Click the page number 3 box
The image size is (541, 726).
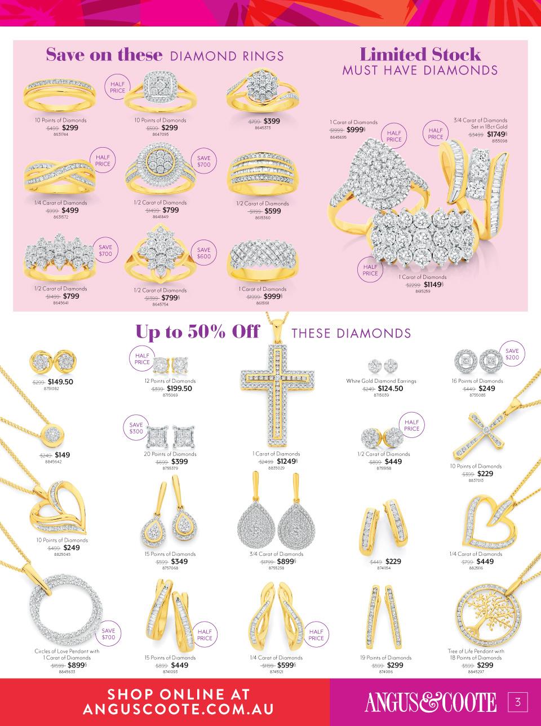tap(517, 702)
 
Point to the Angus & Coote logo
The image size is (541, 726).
tap(431, 702)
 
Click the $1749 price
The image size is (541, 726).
tap(496, 134)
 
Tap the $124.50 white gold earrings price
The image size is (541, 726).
tap(390, 388)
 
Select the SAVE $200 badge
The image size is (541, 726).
tap(512, 354)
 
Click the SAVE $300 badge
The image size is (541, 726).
tap(136, 428)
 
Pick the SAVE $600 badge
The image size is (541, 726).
tap(203, 253)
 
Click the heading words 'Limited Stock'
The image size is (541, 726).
tap(420, 55)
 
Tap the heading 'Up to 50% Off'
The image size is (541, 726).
tap(197, 332)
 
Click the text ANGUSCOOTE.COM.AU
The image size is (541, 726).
tap(178, 710)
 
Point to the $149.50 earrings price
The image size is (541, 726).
tap(60, 382)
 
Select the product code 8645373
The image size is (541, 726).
tap(263, 128)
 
